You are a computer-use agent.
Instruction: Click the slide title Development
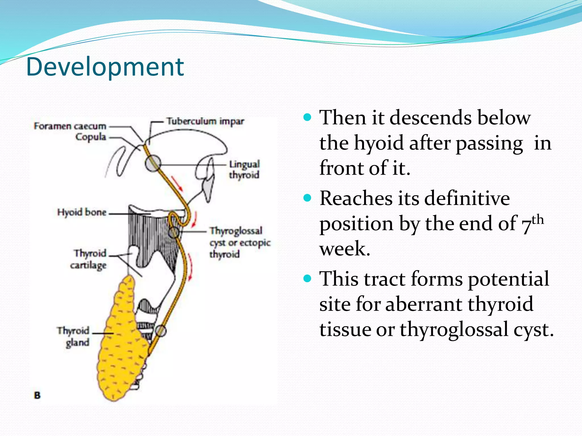click(105, 67)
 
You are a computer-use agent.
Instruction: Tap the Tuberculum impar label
click(205, 121)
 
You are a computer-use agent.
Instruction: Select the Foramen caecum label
click(70, 126)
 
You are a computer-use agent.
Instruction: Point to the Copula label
click(91, 137)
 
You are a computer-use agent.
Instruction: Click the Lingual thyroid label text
click(244, 169)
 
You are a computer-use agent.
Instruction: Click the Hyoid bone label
click(82, 212)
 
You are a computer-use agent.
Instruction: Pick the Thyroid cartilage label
click(89, 259)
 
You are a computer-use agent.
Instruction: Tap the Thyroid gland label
click(74, 336)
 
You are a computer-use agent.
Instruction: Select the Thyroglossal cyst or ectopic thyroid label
click(240, 242)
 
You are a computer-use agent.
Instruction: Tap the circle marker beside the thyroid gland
click(161, 331)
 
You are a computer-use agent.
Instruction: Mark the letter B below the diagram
click(37, 395)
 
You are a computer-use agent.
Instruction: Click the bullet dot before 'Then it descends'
click(307, 117)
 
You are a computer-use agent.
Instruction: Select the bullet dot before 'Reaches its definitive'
click(307, 198)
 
